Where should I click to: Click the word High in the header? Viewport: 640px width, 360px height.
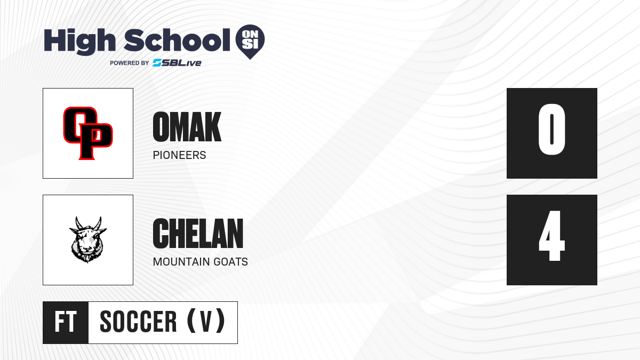(x=80, y=42)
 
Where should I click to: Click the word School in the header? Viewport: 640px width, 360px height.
(x=177, y=39)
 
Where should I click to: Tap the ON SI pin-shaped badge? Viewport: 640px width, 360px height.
(x=250, y=42)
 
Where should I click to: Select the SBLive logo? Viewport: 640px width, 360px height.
(x=177, y=63)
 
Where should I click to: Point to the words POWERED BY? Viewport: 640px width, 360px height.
(x=130, y=63)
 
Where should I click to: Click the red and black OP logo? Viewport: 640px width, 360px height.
(x=88, y=133)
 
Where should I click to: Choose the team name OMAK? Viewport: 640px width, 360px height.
(x=187, y=126)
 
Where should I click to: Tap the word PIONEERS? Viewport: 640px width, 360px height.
(x=179, y=155)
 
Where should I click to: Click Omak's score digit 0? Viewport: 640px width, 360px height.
(x=551, y=129)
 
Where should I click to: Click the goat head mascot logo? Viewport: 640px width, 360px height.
(x=87, y=239)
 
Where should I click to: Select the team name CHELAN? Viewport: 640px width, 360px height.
(x=198, y=234)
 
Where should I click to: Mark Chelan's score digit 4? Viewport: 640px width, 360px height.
(x=551, y=236)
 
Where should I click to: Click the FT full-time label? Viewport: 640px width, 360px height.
(x=66, y=322)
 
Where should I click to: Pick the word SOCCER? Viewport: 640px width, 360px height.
(x=138, y=322)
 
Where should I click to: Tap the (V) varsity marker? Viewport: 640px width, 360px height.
(x=206, y=321)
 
